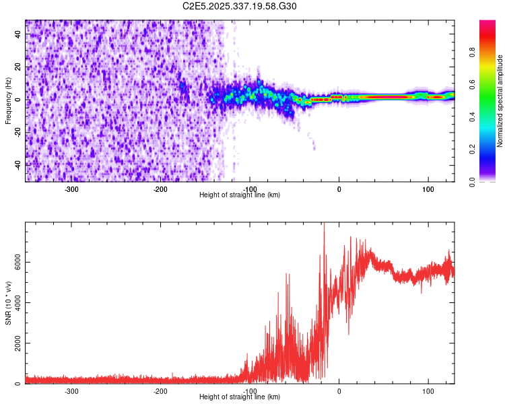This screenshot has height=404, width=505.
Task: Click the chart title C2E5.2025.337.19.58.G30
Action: coord(240,6)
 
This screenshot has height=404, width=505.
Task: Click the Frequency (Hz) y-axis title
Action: coord(8,101)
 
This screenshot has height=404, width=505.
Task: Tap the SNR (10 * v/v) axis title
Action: coord(8,303)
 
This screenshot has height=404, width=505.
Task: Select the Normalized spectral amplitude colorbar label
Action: coord(500,101)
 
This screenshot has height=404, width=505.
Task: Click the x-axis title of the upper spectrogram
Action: coord(240,195)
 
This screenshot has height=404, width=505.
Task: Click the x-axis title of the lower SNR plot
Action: coord(240,397)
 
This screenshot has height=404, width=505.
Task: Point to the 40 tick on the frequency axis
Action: coord(18,35)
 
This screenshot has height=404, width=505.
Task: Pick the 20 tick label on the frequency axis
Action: coord(18,67)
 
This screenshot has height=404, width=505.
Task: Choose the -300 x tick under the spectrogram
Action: coord(71,189)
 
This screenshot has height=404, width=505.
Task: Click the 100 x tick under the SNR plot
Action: coord(428,391)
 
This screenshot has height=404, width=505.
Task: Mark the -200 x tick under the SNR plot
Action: coord(160,391)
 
